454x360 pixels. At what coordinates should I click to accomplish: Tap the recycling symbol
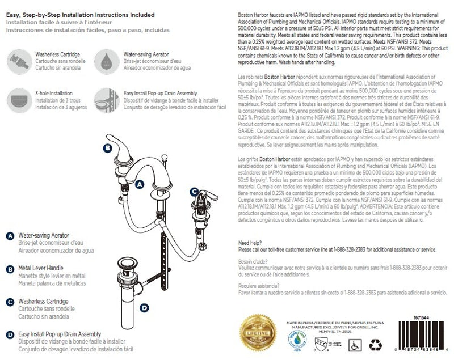pos(376,344)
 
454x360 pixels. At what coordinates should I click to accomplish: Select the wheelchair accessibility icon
pos(355,344)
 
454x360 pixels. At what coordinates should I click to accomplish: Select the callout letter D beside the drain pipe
pos(144,308)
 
